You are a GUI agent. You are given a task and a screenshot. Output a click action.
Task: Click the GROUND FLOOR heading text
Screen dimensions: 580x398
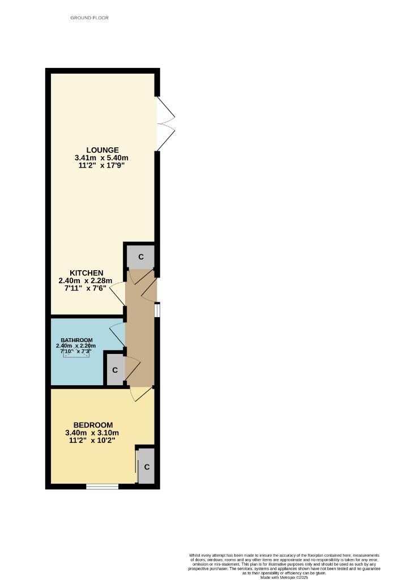89,18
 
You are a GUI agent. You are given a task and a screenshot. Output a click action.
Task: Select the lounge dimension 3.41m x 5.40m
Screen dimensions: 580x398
101,158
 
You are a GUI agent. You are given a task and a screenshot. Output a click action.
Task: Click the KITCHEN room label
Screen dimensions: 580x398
86,273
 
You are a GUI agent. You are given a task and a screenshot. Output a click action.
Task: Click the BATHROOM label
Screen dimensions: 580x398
76,340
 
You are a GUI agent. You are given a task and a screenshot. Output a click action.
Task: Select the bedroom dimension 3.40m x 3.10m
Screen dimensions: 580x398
92,434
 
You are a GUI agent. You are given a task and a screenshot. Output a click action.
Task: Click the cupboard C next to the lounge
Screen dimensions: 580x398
140,257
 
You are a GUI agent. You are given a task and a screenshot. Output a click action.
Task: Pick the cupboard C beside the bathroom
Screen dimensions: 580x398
114,370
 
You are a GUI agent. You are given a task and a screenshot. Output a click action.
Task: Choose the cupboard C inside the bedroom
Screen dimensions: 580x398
147,467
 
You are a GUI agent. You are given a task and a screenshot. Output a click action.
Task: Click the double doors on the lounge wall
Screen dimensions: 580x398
165,123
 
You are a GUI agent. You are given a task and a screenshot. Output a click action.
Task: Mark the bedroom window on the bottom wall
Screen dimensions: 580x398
102,486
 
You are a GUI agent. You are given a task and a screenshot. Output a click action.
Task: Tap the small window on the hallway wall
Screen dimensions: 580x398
158,310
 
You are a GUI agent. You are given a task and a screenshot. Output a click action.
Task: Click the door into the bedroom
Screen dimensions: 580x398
140,393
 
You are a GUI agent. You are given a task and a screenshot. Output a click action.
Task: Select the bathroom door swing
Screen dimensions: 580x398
117,334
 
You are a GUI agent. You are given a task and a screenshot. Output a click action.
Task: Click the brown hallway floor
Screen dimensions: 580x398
140,340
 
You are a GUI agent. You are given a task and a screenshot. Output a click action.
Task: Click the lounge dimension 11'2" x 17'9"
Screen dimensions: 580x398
101,167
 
